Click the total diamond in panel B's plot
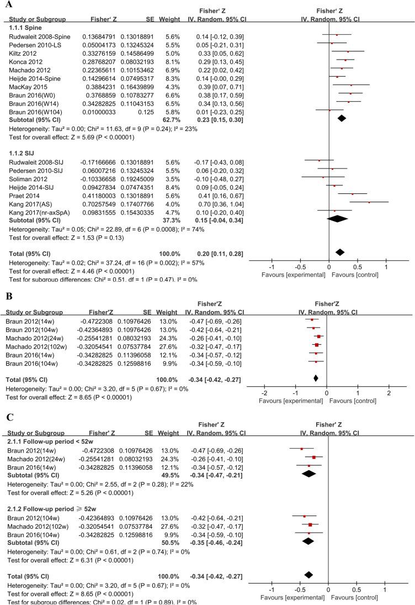[316, 378]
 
